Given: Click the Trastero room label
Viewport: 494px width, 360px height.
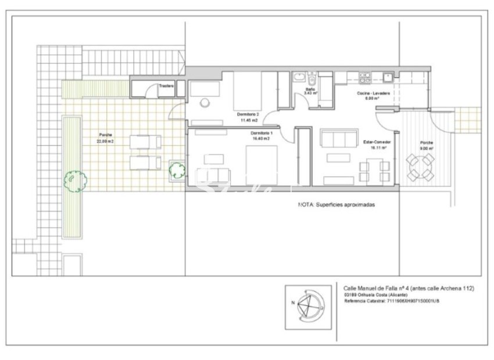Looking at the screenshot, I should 167,86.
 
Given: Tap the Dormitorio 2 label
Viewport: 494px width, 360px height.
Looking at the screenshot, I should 248,114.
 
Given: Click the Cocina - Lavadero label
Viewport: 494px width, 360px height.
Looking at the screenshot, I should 373,93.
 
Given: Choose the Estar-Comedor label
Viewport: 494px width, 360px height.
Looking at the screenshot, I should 377,142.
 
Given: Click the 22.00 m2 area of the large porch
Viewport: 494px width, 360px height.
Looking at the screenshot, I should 105,141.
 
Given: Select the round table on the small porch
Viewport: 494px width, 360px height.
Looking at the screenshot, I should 419,167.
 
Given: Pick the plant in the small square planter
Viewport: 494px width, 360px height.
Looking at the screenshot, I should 176,170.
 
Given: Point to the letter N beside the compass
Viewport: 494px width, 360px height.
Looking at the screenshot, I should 294,303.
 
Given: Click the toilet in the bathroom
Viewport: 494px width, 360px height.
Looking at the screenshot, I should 312,78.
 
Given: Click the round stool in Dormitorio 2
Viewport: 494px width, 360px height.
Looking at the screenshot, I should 205,102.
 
